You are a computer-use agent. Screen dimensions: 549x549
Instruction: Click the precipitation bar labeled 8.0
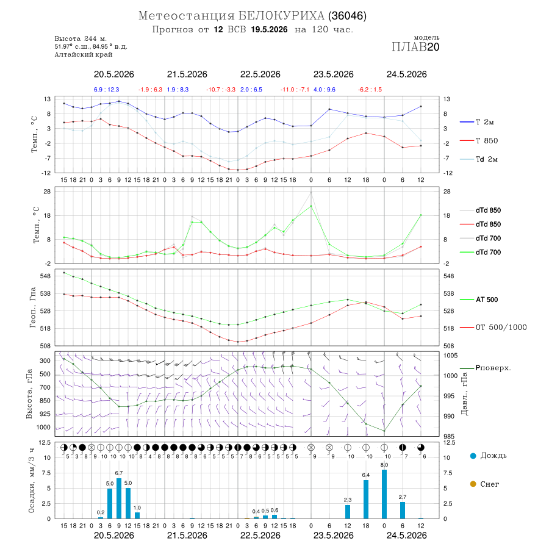384,494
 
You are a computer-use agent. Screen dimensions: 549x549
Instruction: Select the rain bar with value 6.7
119,498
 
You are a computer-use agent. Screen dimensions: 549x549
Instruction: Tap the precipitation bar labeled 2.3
348,512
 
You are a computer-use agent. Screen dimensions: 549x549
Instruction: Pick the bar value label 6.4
366,475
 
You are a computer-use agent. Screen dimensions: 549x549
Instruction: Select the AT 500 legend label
487,300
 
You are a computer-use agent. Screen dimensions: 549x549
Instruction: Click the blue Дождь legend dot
473,456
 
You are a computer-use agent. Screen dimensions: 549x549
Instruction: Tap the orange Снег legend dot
473,484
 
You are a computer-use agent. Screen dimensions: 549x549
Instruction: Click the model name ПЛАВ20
415,47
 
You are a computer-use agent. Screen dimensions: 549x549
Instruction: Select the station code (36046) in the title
347,16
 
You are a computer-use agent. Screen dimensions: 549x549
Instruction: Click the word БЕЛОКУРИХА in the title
281,16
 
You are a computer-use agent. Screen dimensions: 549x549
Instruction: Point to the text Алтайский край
84,54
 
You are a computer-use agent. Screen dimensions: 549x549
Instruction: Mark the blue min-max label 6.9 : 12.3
106,90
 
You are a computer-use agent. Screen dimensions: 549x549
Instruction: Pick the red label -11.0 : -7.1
295,90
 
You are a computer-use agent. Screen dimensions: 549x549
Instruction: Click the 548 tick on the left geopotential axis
46,276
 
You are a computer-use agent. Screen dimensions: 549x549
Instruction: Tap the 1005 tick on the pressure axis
451,356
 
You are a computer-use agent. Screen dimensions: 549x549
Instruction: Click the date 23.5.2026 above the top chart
333,74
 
